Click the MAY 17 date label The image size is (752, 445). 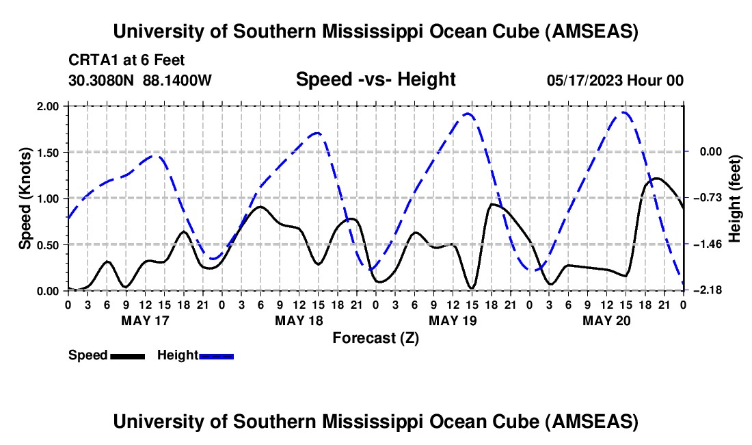(x=144, y=320)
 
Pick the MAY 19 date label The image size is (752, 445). (x=452, y=320)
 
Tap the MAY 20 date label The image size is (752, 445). (x=606, y=320)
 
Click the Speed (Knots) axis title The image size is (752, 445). (x=25, y=199)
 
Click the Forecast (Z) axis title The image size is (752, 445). (x=375, y=338)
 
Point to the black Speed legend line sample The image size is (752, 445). (x=127, y=355)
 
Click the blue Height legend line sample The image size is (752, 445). (x=216, y=355)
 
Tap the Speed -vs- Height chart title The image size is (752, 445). (x=375, y=79)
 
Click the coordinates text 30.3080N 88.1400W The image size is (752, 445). (x=140, y=80)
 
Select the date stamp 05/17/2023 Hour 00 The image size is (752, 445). (x=615, y=80)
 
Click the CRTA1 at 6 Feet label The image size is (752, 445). (x=126, y=61)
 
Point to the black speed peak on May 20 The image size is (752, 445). (x=656, y=179)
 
